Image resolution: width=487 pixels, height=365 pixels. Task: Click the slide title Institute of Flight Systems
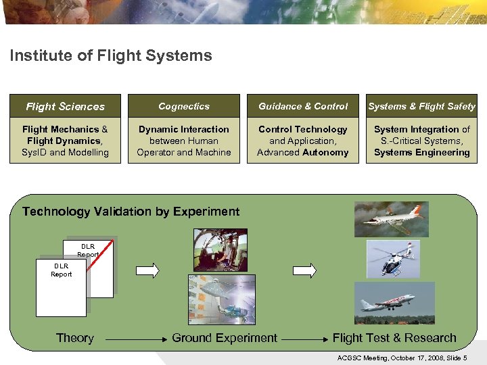111,56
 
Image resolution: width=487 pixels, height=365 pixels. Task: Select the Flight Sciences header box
66,106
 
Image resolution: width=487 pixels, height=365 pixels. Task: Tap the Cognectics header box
184,106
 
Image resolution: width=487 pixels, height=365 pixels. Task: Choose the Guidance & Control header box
303,106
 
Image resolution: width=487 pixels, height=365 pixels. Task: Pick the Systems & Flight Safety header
421,106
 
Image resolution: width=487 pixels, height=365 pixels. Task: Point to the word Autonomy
325,153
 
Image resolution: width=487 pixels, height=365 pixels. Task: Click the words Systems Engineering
421,153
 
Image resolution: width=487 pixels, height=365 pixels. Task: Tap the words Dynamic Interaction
184,129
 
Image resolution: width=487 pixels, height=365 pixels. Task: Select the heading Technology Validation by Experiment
131,212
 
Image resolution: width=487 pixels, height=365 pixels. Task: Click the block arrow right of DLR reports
147,270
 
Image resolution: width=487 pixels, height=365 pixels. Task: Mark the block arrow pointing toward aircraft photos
304,270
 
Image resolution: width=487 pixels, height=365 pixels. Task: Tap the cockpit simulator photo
221,249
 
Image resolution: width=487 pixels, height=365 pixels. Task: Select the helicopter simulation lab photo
221,299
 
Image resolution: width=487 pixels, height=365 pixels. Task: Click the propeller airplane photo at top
392,219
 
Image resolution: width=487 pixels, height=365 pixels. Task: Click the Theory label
74,338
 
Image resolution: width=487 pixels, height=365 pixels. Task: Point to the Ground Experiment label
225,338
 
